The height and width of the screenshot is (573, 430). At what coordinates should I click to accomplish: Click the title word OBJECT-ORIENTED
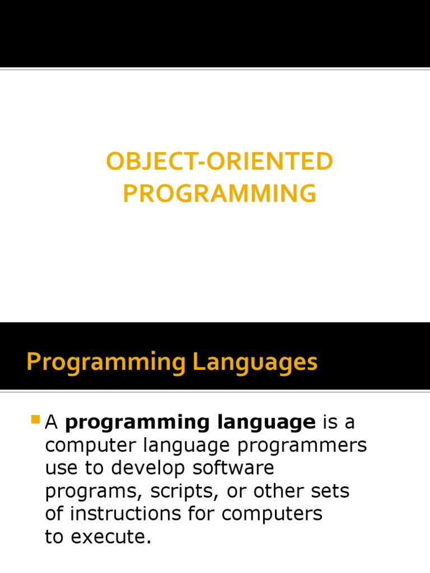coord(219,161)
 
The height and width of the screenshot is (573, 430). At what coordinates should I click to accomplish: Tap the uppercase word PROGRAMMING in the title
coord(219,193)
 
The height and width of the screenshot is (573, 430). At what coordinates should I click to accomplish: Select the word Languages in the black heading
coord(255,363)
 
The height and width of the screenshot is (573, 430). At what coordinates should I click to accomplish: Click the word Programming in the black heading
coord(106,363)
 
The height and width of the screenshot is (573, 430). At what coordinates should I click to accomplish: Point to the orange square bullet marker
coord(35,419)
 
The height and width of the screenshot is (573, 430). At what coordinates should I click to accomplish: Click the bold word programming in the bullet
coord(137,423)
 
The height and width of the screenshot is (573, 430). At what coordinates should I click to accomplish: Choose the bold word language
coord(266,423)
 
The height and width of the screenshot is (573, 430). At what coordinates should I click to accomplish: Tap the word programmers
coord(302,446)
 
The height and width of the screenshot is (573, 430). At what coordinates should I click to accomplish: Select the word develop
coord(148,468)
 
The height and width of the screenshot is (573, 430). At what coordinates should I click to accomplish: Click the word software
coord(233,468)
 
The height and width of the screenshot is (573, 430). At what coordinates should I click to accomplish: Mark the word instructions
coord(125,514)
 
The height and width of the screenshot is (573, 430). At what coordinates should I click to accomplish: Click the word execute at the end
coord(111,537)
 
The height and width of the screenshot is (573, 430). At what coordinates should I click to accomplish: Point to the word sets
coord(330,491)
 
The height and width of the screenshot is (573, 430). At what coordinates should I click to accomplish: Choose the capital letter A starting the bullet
coord(51,422)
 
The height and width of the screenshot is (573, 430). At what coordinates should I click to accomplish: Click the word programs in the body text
coord(94,492)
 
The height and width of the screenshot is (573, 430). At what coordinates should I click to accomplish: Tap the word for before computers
coord(201,513)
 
